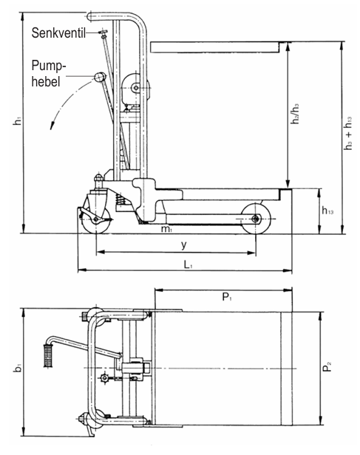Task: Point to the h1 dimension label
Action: (x=18, y=123)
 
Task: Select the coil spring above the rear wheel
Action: (x=118, y=199)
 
